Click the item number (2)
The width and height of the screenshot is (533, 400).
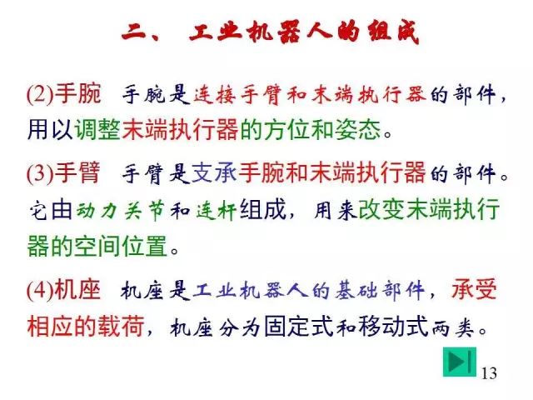[41, 95]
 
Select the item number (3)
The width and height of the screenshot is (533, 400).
[41, 174]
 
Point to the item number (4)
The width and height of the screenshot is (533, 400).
[41, 291]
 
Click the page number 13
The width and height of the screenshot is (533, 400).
[489, 372]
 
